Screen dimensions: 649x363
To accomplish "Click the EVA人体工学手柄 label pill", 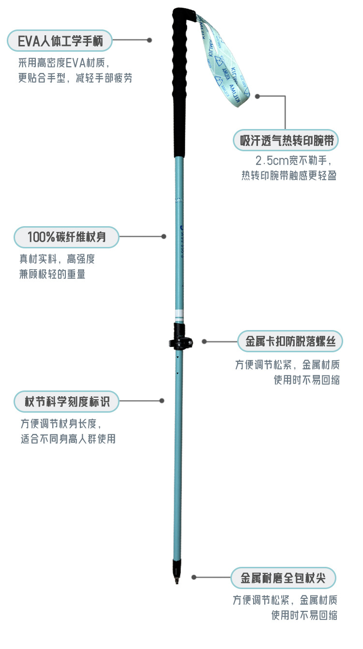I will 60,41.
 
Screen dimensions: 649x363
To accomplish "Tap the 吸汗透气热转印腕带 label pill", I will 286,141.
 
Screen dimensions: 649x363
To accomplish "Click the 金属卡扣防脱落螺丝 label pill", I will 290,342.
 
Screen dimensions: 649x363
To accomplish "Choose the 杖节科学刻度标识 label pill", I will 65,401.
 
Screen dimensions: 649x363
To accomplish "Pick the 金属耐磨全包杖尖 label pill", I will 283,577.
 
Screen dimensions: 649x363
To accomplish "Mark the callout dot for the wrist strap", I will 258,96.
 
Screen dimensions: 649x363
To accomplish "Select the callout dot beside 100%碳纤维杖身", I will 164,236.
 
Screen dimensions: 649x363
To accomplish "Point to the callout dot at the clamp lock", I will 205,341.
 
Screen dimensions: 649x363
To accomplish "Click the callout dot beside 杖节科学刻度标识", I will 162,401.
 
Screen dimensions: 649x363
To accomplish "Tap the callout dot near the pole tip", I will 194,577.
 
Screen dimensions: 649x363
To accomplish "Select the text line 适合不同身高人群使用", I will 68,439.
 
